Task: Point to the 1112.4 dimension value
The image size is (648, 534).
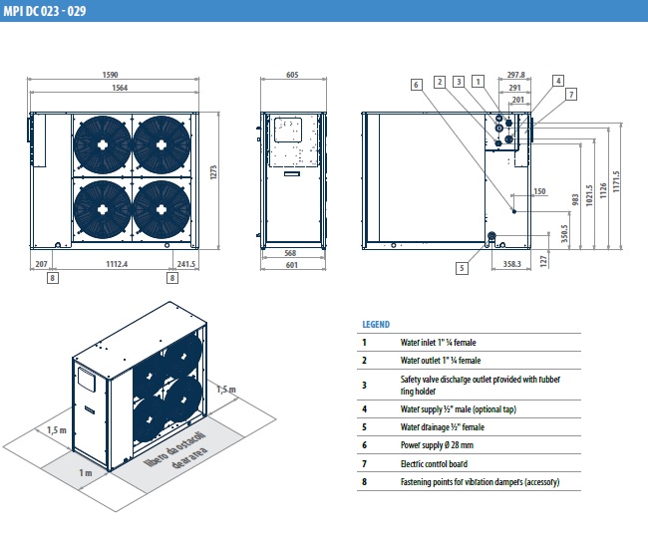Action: (124, 263)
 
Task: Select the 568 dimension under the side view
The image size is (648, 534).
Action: (291, 252)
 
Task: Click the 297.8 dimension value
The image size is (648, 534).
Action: (515, 74)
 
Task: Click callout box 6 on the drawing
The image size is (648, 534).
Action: (416, 84)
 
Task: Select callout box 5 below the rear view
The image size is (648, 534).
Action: (463, 267)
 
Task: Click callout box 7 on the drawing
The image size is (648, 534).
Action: (571, 94)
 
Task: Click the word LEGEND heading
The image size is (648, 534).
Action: (376, 324)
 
